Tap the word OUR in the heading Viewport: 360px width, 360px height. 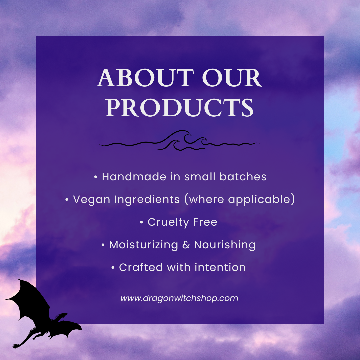[x=232, y=78]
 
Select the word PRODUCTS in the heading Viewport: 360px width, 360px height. [x=179, y=107]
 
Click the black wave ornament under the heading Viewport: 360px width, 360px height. [x=179, y=140]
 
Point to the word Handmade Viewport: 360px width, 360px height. [x=134, y=177]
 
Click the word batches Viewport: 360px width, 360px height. [x=243, y=177]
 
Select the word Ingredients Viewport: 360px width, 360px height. [x=147, y=199]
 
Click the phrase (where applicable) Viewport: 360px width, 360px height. [x=240, y=199]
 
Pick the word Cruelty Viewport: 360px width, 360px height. [x=168, y=222]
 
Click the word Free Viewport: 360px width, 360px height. [x=205, y=222]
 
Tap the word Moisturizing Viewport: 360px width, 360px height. [x=143, y=245]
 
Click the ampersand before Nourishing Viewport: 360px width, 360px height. [x=186, y=245]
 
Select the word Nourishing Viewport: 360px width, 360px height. [x=225, y=245]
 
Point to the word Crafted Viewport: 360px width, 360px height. [x=141, y=267]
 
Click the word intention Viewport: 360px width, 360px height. [x=220, y=267]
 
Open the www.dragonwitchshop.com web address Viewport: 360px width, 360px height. [x=179, y=298]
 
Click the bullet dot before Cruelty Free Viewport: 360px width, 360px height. [x=141, y=222]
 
